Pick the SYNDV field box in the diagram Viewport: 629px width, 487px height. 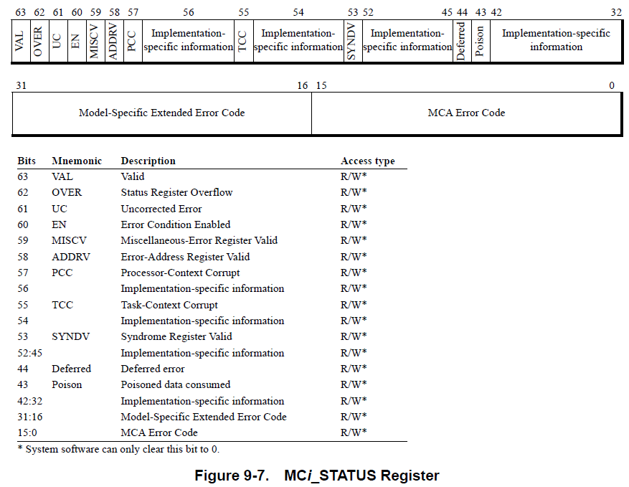[x=352, y=41]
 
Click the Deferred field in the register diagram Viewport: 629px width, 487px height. [x=463, y=41]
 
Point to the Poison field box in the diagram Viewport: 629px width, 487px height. [x=481, y=41]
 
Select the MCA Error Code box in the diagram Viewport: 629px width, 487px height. [x=466, y=113]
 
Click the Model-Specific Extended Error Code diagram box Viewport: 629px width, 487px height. [x=161, y=113]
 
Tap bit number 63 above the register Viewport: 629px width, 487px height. [x=20, y=12]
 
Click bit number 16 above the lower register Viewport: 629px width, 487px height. [x=303, y=86]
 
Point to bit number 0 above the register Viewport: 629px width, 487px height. [x=612, y=86]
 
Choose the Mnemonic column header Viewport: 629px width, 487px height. [x=77, y=161]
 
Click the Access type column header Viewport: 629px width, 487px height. [x=367, y=161]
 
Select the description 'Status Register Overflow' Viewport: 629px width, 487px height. [x=176, y=192]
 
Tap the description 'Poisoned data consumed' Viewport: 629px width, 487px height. [x=175, y=385]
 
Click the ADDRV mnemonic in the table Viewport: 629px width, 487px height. [x=71, y=257]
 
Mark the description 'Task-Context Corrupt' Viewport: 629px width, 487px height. [x=169, y=305]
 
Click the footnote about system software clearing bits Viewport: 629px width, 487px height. [x=118, y=450]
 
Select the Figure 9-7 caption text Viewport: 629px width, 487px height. [x=317, y=475]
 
